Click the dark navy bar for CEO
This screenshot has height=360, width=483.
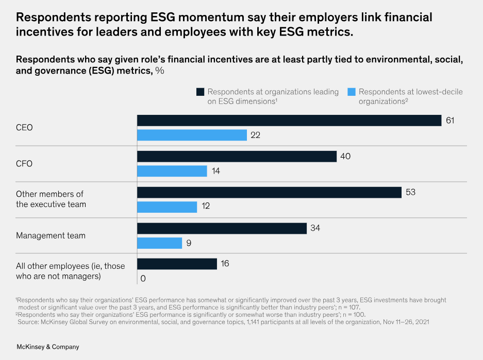click(x=289, y=121)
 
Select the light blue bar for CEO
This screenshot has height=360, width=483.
click(x=192, y=135)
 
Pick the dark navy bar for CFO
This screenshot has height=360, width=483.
click(x=237, y=156)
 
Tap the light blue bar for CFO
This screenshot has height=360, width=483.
click(x=172, y=171)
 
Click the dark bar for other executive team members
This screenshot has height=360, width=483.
click(x=269, y=192)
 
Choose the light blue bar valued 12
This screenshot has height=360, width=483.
click(x=167, y=207)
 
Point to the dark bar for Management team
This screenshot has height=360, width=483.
click(x=222, y=228)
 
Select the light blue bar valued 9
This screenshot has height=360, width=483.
click(x=159, y=243)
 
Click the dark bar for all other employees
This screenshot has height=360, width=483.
click(x=177, y=264)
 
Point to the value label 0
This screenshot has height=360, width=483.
click(x=143, y=279)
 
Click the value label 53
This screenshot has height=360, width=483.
click(x=411, y=192)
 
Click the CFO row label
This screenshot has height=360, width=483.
click(x=24, y=163)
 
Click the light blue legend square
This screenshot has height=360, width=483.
click(x=352, y=92)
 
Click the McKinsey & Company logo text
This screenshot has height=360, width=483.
click(x=47, y=347)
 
